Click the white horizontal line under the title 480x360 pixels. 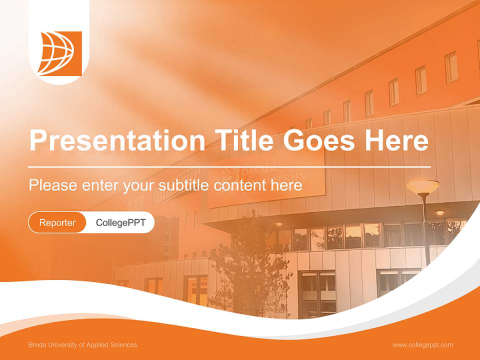[x=229, y=166]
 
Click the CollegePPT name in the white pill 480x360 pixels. [x=120, y=222]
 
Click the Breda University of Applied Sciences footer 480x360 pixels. [x=83, y=344]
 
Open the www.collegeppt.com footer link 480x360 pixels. [x=422, y=344]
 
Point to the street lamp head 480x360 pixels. [x=423, y=187]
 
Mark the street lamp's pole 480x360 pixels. [x=426, y=230]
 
